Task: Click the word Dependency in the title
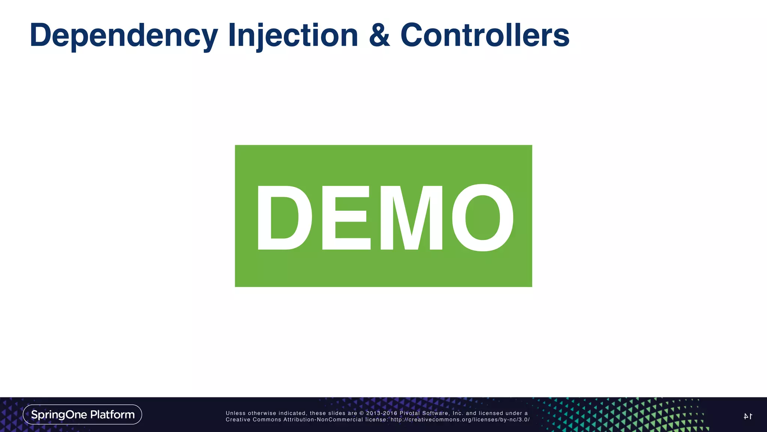point(124,36)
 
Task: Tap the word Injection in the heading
point(293,36)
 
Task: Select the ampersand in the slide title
point(379,36)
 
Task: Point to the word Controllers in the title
point(485,36)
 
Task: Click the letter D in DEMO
point(284,217)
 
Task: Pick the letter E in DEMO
point(346,217)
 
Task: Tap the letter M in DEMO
point(411,217)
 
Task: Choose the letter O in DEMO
point(483,217)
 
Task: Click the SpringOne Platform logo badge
point(82,414)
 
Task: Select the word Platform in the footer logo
point(112,414)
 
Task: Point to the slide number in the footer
point(748,416)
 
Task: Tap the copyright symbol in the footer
point(362,413)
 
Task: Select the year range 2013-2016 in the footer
point(382,413)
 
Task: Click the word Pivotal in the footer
point(409,413)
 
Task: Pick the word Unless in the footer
point(236,413)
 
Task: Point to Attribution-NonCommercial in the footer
point(323,420)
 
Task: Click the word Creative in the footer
point(237,420)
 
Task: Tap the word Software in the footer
point(436,413)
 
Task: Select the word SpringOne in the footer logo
point(59,414)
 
